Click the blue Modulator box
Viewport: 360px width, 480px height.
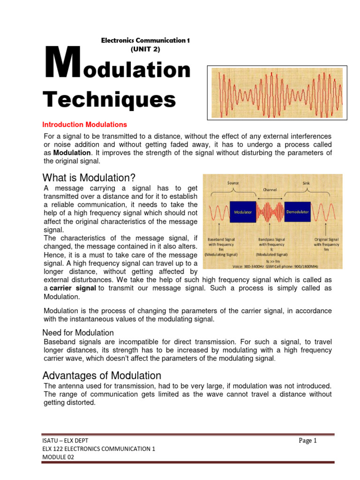tap(242, 212)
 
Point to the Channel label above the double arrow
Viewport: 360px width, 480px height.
tap(269, 190)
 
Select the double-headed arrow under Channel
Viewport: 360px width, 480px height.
tap(269, 199)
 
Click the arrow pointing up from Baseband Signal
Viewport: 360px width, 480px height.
tap(219, 230)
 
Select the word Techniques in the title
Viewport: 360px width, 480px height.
tap(109, 99)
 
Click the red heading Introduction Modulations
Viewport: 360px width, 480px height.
tap(84, 125)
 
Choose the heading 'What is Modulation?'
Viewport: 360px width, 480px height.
tap(89, 178)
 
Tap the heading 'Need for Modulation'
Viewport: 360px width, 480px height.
tap(78, 333)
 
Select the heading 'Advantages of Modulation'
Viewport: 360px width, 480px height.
tap(102, 375)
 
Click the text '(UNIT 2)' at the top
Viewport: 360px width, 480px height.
tap(145, 49)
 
